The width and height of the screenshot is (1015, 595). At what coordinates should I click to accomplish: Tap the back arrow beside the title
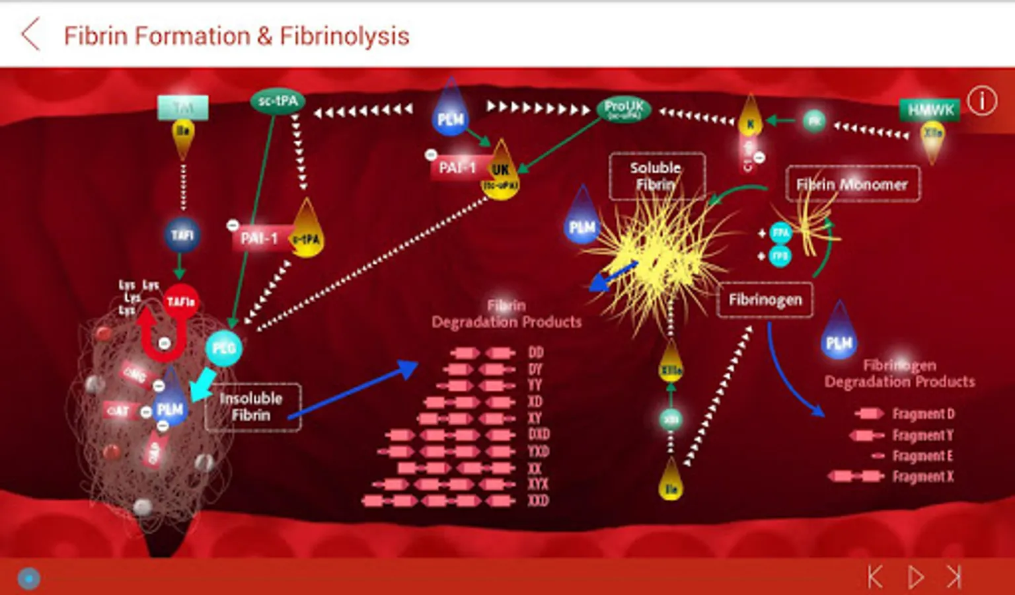[x=30, y=34]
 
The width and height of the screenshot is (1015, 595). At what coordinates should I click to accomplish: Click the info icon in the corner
[x=982, y=101]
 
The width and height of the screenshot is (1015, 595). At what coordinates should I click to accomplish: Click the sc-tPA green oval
[x=278, y=101]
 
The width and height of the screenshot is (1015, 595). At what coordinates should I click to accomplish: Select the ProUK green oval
[x=623, y=108]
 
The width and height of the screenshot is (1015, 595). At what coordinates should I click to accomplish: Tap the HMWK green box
[x=930, y=110]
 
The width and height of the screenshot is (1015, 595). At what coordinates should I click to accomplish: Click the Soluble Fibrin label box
[x=656, y=177]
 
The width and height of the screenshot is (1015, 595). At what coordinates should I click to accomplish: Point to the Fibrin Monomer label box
[x=852, y=184]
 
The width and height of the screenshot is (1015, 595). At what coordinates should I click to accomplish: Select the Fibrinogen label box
[x=765, y=300]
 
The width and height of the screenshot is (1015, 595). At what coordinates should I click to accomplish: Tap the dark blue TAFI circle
[x=182, y=235]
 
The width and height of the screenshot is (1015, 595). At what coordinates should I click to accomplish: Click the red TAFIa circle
[x=180, y=301]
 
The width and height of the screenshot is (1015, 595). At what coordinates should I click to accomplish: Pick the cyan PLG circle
[x=224, y=348]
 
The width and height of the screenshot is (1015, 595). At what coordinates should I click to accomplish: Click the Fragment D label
[x=923, y=414]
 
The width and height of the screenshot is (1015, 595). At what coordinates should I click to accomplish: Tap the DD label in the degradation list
[x=535, y=352]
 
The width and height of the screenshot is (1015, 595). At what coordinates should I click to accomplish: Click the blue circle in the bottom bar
[x=28, y=578]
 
